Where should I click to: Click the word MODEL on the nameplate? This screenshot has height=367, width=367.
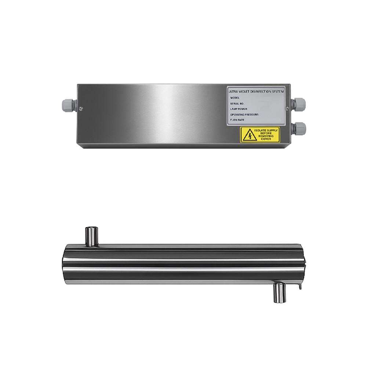[x=235, y=98]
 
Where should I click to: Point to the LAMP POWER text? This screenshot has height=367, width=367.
[x=239, y=109]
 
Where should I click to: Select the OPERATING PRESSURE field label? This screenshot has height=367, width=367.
[x=245, y=115]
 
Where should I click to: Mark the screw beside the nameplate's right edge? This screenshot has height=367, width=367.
[x=288, y=108]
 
